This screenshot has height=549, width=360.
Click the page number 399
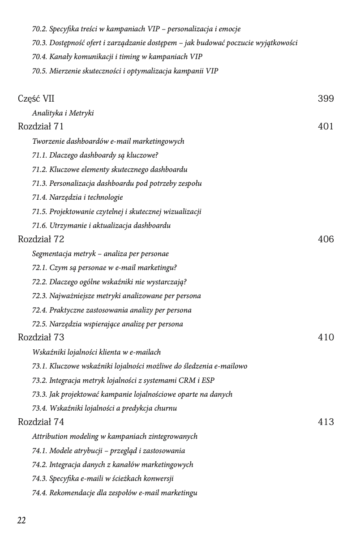coord(326,99)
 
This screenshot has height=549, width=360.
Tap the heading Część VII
coord(36,99)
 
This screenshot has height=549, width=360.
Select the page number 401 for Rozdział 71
coord(326,126)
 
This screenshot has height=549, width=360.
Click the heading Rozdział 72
coord(41,239)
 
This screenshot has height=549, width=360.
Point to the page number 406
coord(326,239)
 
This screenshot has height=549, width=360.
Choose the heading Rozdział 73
coord(41,337)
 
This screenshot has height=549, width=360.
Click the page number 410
coord(326,337)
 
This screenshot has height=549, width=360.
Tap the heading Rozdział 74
coord(41,422)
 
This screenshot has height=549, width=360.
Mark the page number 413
coord(326,422)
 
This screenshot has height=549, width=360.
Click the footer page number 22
coord(21,520)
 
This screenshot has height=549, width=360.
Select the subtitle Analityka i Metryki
coord(63,113)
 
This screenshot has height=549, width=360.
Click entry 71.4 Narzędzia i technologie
coord(77,197)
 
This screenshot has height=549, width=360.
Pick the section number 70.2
coord(39,29)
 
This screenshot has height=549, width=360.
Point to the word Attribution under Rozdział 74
coord(50,436)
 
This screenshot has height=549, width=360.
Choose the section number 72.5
coord(39,324)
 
